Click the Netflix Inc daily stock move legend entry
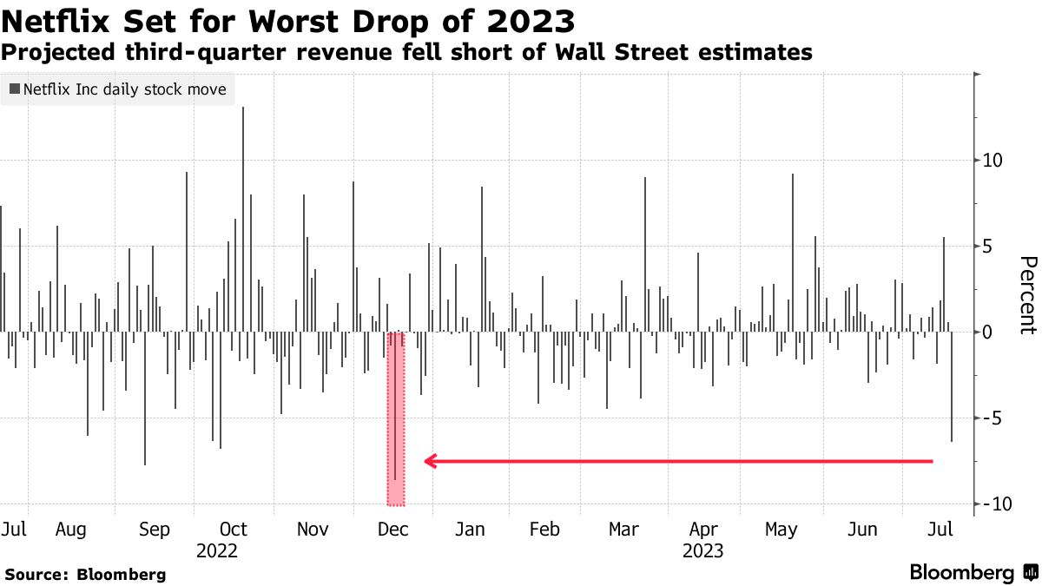coord(118,89)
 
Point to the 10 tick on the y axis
coord(993,161)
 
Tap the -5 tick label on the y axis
coord(993,418)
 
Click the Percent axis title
coord(1028,295)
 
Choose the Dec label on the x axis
coord(394,530)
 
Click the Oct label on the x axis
coord(234,530)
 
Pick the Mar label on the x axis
coord(623,530)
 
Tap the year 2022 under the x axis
coord(217,550)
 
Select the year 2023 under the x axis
coord(702,550)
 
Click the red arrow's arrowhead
coord(429,461)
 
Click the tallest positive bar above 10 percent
coord(243,174)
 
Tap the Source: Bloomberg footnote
coord(85,575)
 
